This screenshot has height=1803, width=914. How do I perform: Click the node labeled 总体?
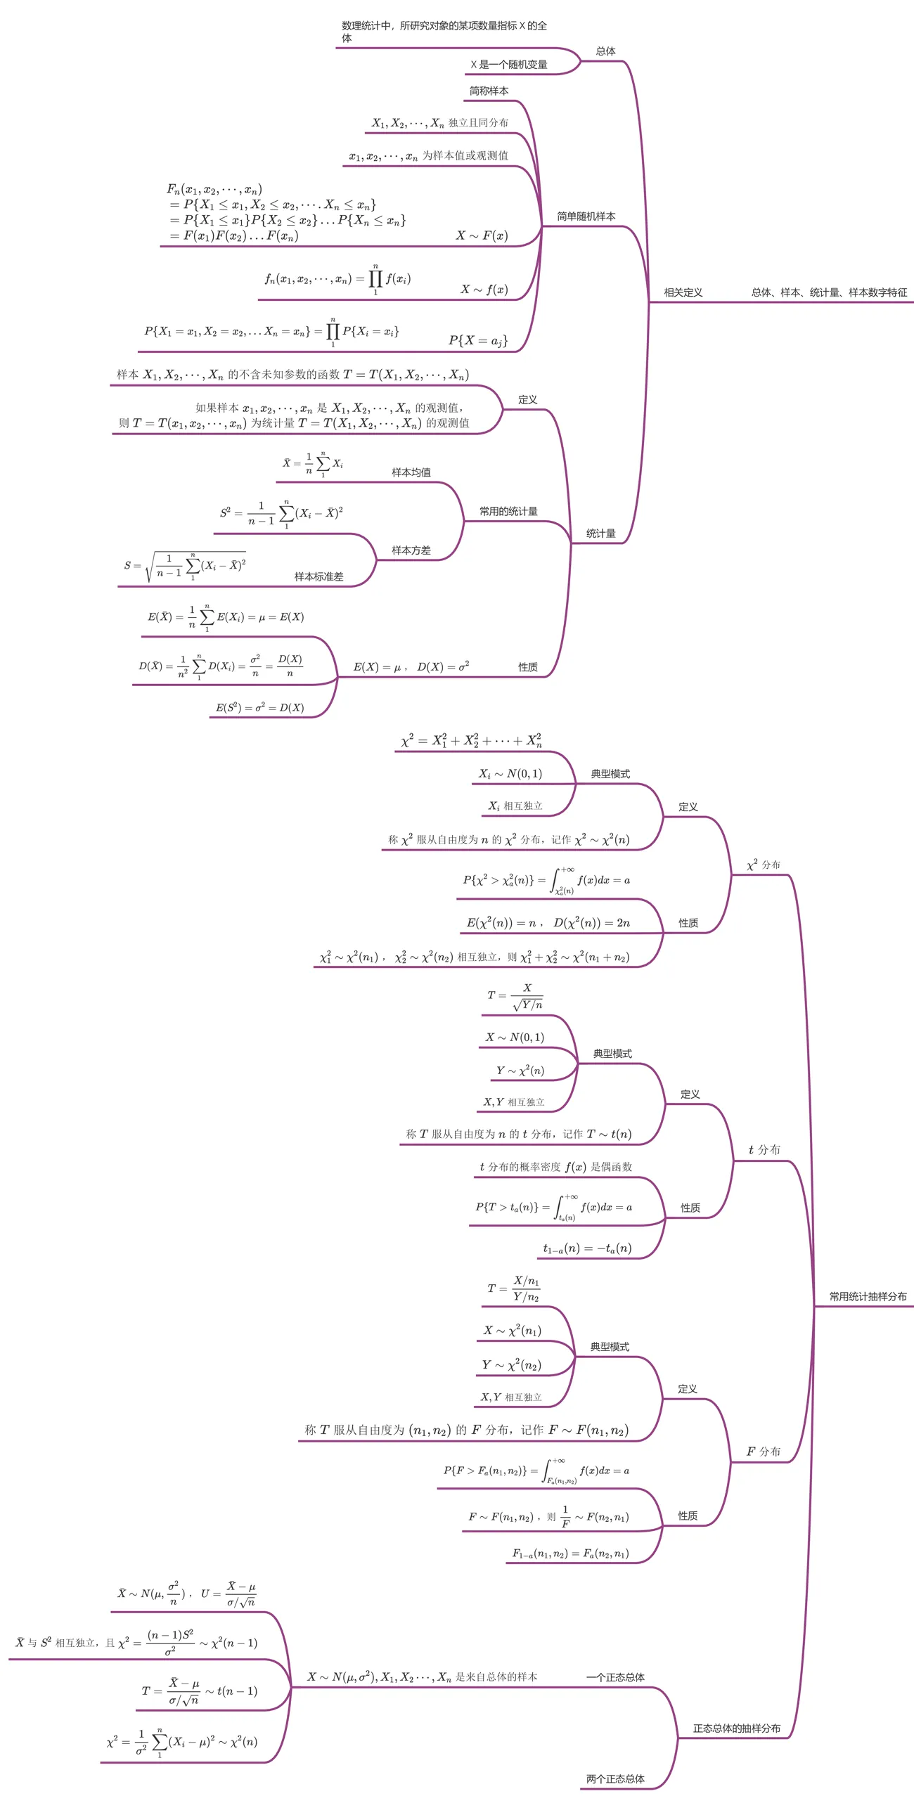point(605,51)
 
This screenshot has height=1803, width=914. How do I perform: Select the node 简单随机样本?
point(586,217)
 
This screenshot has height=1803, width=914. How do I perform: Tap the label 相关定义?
point(683,292)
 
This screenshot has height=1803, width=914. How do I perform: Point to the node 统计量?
point(600,534)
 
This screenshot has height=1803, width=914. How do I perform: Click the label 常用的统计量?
point(508,511)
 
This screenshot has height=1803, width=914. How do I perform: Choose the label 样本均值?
point(411,472)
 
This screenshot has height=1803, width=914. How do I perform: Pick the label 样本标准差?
point(318,576)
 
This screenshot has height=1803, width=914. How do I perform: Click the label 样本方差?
point(411,550)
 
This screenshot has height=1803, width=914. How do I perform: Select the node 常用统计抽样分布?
point(868,1296)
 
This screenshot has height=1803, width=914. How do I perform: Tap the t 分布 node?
point(764,1149)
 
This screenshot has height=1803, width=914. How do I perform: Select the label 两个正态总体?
point(615,1779)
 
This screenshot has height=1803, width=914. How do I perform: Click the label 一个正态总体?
point(615,1677)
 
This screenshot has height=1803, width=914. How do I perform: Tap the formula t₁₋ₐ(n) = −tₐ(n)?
point(587,1248)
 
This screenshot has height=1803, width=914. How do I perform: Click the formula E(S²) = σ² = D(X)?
point(259,707)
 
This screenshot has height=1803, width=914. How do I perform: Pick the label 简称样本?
point(489,91)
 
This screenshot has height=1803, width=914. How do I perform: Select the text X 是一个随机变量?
point(508,65)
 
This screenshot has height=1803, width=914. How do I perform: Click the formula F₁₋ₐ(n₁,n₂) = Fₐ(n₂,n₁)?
point(570,1553)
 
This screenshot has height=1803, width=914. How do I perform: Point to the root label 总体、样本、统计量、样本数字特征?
point(829,292)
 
